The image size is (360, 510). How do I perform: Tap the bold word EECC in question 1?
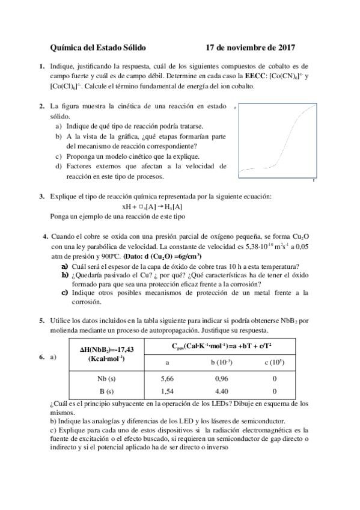coord(252,76)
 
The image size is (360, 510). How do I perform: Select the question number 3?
coord(41,196)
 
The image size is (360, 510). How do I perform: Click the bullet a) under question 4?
coord(64,266)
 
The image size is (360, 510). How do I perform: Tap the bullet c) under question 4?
coord(64,292)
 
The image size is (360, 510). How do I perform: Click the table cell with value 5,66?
coord(167,379)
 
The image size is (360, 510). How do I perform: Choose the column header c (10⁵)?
coord(275,362)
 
